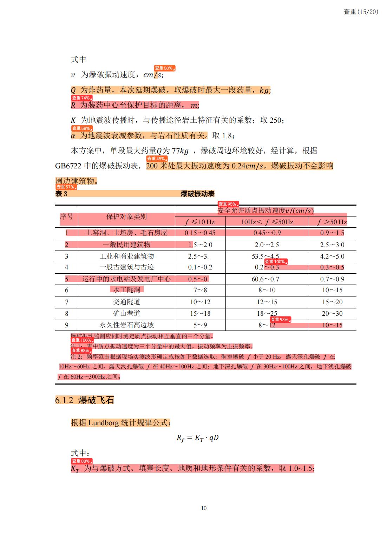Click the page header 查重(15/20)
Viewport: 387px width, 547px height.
coord(361,12)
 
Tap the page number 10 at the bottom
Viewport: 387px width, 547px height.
coord(204,508)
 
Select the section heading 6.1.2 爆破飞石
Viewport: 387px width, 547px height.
coord(85,400)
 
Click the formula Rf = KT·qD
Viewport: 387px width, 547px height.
coord(197,438)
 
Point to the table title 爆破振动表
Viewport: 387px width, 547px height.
coord(197,194)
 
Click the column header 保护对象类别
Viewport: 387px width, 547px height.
coord(126,216)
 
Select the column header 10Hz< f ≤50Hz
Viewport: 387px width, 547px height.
coord(267,222)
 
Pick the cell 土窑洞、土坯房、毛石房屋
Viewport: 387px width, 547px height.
coord(126,233)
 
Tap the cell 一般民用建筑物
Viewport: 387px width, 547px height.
coord(126,245)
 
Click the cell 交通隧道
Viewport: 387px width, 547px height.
coord(126,302)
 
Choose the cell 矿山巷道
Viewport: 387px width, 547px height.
coord(126,313)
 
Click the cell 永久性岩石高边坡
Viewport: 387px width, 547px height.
coord(126,325)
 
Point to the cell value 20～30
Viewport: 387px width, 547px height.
coord(332,313)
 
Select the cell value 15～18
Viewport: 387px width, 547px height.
coord(200,313)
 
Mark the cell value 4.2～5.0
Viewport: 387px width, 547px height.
coord(332,256)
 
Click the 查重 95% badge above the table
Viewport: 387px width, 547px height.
coord(228,204)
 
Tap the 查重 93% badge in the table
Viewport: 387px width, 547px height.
coord(280,319)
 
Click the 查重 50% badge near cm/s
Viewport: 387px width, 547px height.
coord(164,68)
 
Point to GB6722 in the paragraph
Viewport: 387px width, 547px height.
coord(68,166)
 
